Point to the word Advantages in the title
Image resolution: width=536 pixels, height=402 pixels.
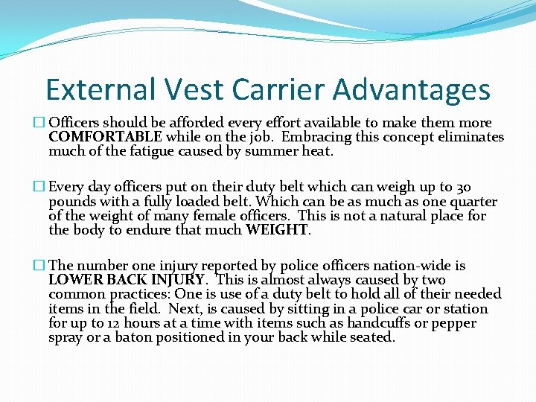point(412,90)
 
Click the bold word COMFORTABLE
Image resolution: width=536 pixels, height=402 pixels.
point(105,137)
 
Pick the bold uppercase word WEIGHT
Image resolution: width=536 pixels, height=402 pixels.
point(277,230)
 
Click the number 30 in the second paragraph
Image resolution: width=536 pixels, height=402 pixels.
point(462,188)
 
